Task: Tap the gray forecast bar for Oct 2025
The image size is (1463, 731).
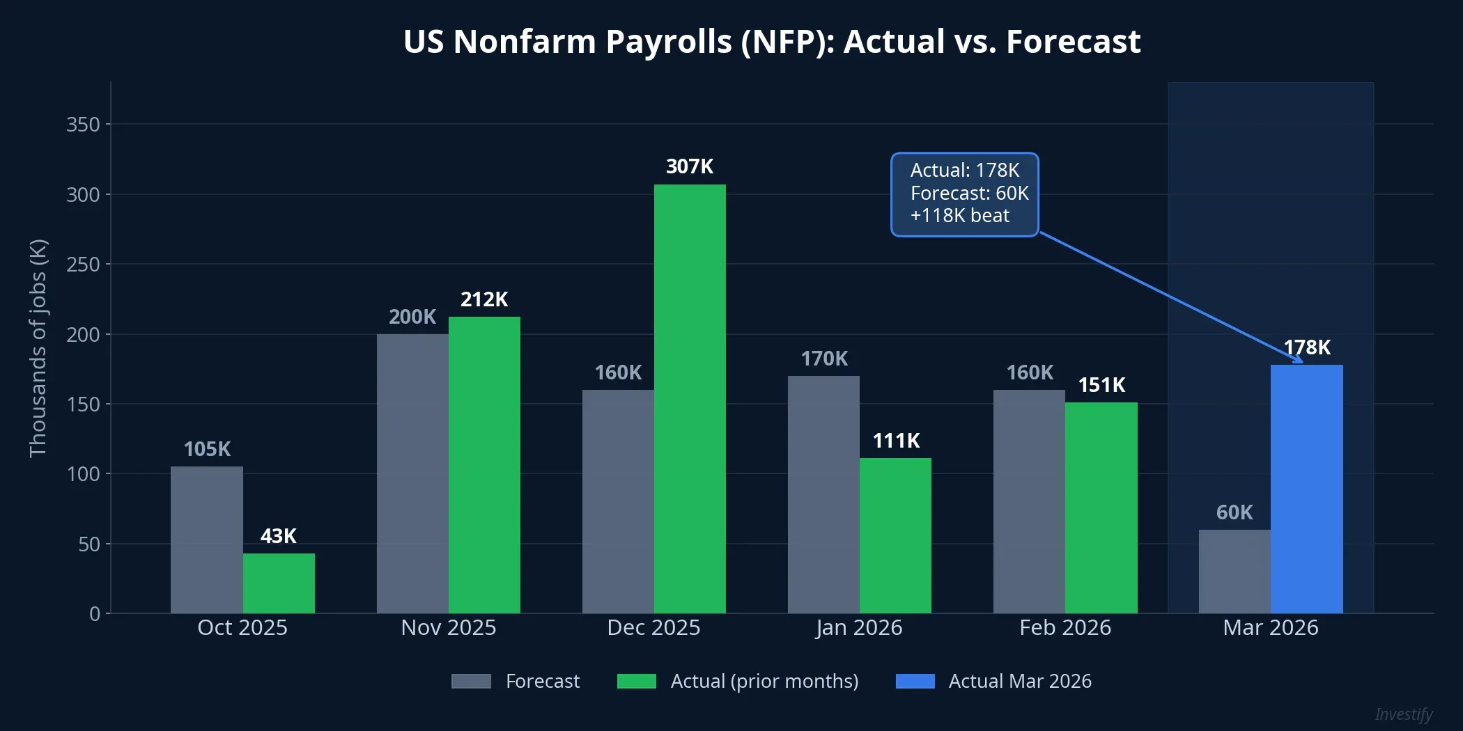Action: pyautogui.click(x=207, y=540)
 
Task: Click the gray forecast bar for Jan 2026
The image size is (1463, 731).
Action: pyautogui.click(x=823, y=494)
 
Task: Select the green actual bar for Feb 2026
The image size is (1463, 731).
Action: pyautogui.click(x=1101, y=508)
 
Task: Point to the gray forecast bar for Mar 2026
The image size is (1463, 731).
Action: pyautogui.click(x=1234, y=571)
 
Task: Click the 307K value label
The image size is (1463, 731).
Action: pyautogui.click(x=690, y=166)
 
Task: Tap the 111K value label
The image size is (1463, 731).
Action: pyautogui.click(x=896, y=441)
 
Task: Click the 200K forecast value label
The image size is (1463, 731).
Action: pyautogui.click(x=412, y=317)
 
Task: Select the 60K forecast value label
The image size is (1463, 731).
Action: pyautogui.click(x=1234, y=512)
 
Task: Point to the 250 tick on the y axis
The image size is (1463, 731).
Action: pyautogui.click(x=83, y=265)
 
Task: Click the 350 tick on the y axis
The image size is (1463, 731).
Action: pyautogui.click(x=83, y=125)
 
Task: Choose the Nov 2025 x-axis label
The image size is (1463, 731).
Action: pyautogui.click(x=449, y=627)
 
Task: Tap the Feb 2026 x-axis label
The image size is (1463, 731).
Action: pyautogui.click(x=1065, y=627)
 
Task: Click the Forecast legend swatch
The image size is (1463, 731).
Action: pyautogui.click(x=471, y=681)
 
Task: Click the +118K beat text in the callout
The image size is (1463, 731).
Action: pyautogui.click(x=959, y=216)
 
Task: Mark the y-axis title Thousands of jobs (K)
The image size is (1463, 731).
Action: pyautogui.click(x=38, y=348)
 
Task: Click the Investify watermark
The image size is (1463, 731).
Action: pyautogui.click(x=1403, y=714)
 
